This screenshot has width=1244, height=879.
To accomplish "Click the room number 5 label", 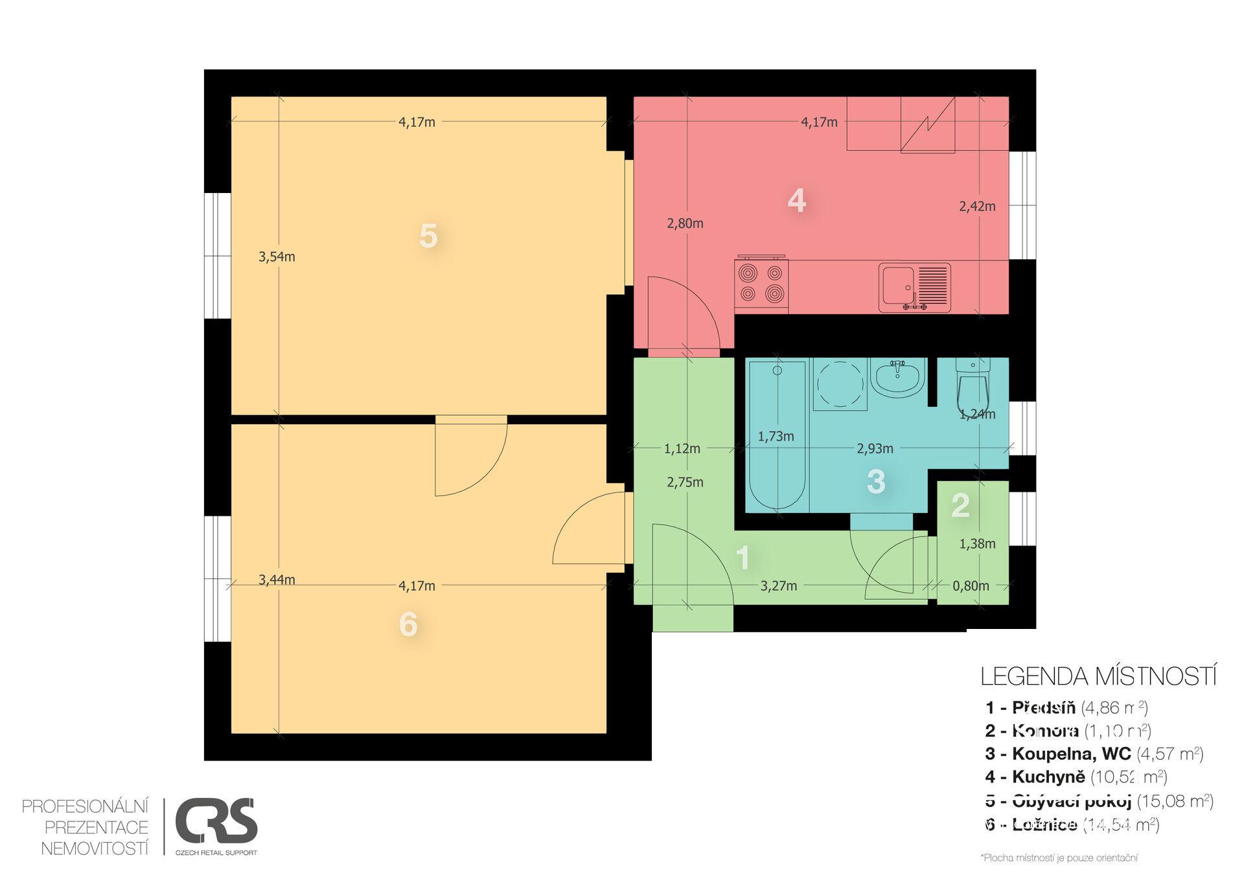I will (x=428, y=236).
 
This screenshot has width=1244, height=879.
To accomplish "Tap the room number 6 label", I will (x=408, y=624).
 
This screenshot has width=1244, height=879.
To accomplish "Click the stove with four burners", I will (x=761, y=284).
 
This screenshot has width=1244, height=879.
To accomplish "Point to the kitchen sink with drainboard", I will (x=914, y=287).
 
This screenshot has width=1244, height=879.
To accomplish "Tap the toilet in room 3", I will (x=973, y=387).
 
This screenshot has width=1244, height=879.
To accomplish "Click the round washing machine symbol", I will (x=840, y=384).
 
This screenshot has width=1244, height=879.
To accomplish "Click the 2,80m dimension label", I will (x=685, y=223).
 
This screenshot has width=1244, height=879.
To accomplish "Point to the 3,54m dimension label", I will (x=277, y=257).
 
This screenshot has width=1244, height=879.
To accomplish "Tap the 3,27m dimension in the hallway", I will (x=778, y=586).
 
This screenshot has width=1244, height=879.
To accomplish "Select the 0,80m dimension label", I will (x=971, y=586).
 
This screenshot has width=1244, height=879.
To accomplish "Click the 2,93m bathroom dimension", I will (x=875, y=448).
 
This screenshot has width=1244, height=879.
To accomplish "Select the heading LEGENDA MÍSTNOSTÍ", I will (x=1098, y=676).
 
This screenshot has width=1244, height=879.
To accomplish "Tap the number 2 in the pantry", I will (x=960, y=505).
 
